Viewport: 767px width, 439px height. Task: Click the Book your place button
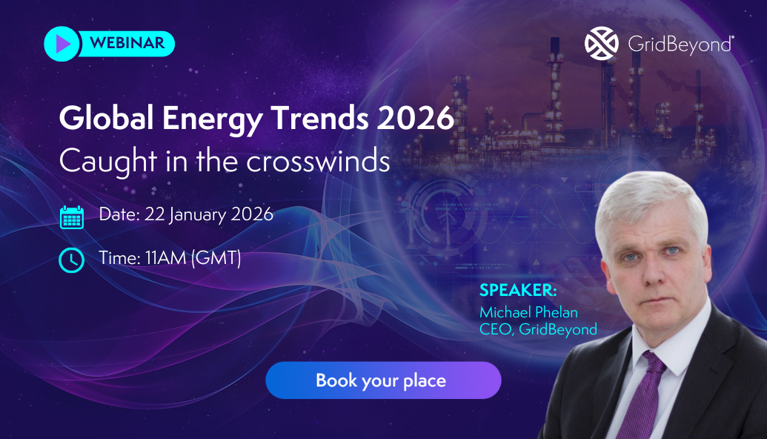tap(383, 381)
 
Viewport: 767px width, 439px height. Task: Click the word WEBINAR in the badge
tap(127, 43)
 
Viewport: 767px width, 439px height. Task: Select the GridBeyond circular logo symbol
tap(601, 44)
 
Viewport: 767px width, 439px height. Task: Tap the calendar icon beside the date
tap(72, 217)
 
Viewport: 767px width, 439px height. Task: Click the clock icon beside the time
tap(71, 260)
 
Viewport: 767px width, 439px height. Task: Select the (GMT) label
tap(217, 258)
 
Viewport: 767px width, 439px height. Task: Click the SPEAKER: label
tap(517, 289)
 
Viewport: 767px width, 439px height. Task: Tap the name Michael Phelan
tap(528, 311)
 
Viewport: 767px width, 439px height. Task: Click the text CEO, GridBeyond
tap(538, 329)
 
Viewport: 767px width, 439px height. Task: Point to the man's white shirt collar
tap(671, 351)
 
